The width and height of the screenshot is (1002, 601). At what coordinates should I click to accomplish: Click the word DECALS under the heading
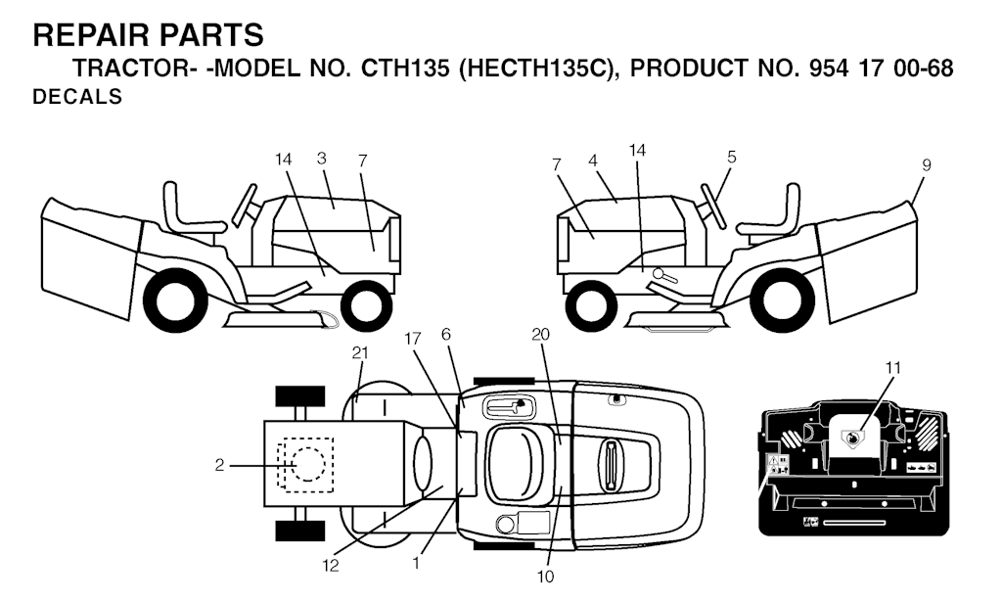pyautogui.click(x=77, y=98)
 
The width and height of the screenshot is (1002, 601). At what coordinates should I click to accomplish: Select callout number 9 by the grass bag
pyautogui.click(x=927, y=165)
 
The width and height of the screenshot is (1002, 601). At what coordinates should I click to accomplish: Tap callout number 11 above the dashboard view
pyautogui.click(x=892, y=367)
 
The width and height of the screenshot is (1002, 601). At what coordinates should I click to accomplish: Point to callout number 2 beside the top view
pyautogui.click(x=220, y=466)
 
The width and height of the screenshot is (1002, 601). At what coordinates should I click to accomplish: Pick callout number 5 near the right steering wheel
pyautogui.click(x=732, y=156)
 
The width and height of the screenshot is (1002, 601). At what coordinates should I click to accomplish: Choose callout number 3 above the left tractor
pyautogui.click(x=321, y=158)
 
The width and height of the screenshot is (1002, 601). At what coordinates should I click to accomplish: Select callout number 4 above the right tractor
pyautogui.click(x=593, y=158)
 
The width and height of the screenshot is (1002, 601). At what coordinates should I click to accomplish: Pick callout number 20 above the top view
pyautogui.click(x=541, y=333)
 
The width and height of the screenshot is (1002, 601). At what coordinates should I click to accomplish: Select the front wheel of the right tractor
pyautogui.click(x=592, y=303)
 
